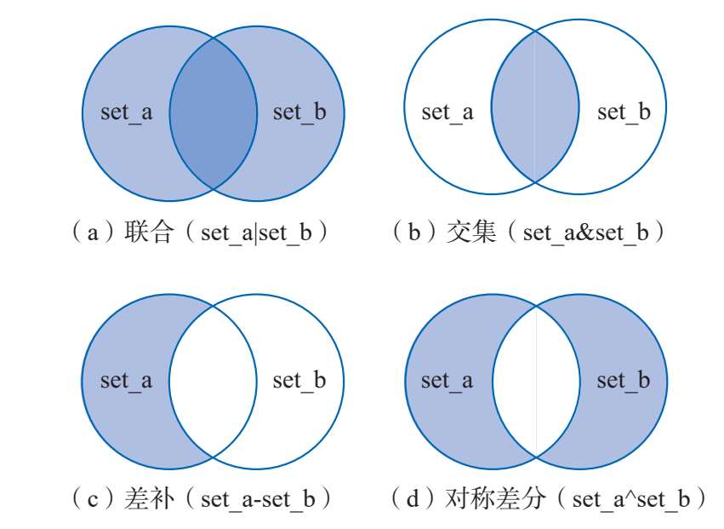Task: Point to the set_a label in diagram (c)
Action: pyautogui.click(x=127, y=380)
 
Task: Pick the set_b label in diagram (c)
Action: pyautogui.click(x=299, y=380)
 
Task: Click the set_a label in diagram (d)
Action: pyautogui.click(x=448, y=380)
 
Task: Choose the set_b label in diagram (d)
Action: pyautogui.click(x=624, y=380)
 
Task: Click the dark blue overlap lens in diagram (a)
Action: pyautogui.click(x=213, y=112)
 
